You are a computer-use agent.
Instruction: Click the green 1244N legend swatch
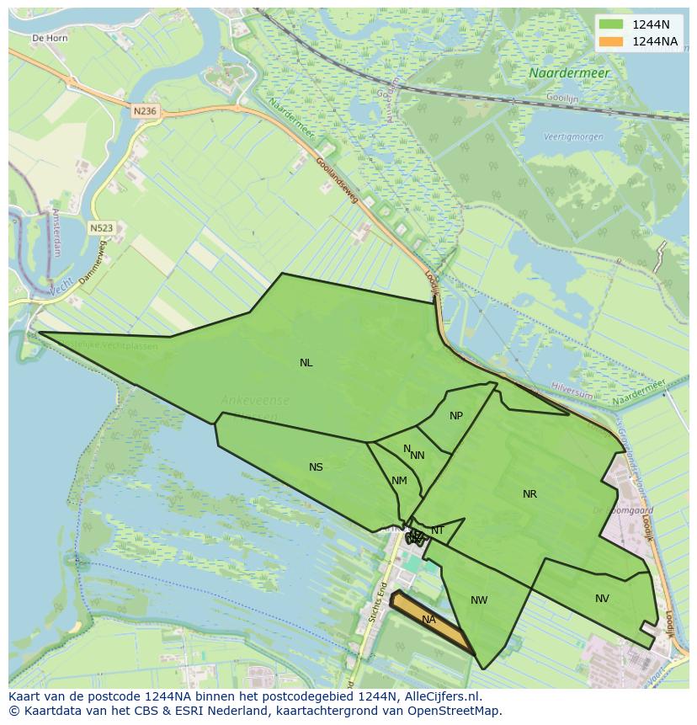(611, 24)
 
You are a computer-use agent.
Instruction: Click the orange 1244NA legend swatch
(611, 41)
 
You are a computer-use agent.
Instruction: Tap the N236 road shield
(145, 110)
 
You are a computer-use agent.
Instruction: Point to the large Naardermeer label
(569, 73)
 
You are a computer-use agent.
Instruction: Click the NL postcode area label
(306, 363)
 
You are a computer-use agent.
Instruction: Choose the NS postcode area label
(316, 467)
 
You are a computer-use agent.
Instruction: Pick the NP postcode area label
(456, 416)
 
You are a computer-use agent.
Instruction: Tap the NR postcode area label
(529, 494)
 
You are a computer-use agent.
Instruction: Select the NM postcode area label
(399, 481)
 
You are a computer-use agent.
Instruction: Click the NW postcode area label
(479, 600)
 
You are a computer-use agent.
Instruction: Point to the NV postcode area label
(602, 599)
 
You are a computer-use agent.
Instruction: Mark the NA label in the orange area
(428, 620)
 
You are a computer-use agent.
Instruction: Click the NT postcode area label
(438, 530)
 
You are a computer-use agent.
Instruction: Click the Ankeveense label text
(255, 401)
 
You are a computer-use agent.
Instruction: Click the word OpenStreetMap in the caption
(458, 711)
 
